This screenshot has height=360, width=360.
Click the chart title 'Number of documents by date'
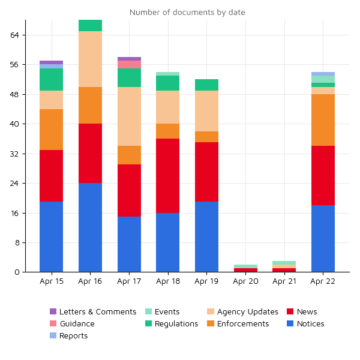[x=187, y=13]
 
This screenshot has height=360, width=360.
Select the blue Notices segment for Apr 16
[x=90, y=227]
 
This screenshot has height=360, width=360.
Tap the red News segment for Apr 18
[x=167, y=176]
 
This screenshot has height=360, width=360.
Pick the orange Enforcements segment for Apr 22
[x=323, y=120]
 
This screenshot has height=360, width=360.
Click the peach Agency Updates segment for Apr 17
[x=129, y=116]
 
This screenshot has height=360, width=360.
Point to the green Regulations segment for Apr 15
[x=52, y=79]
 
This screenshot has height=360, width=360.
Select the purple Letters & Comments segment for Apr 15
[x=52, y=62]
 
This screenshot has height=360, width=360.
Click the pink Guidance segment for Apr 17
[x=129, y=64]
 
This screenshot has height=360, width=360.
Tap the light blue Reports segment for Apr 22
[x=323, y=74]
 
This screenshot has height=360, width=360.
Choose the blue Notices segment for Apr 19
[x=206, y=236]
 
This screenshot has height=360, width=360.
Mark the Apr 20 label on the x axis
[x=245, y=281]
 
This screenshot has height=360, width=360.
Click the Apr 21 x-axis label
[x=284, y=281]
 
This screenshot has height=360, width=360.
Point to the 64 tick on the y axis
[x=15, y=35]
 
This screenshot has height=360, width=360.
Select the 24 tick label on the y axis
[x=15, y=183]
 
